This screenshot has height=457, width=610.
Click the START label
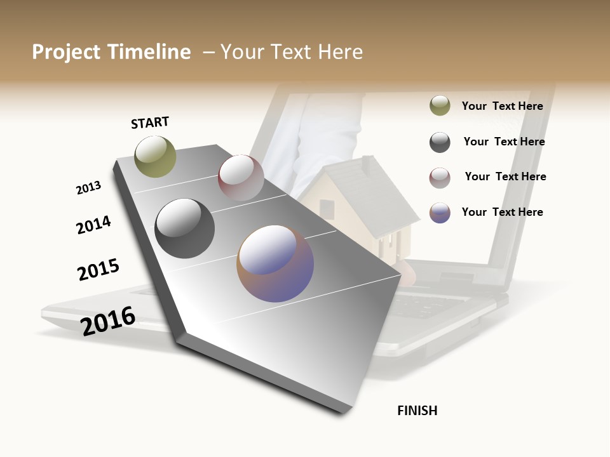(x=150, y=123)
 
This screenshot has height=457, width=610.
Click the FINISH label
(x=417, y=411)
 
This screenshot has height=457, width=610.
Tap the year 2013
(x=88, y=188)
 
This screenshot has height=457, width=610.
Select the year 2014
(x=93, y=225)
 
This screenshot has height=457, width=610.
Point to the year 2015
(x=98, y=270)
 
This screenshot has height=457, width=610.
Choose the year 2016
(x=108, y=321)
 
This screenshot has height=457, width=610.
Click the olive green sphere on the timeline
(x=155, y=156)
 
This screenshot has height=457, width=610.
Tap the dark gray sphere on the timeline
(x=184, y=228)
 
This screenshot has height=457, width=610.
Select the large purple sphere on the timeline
(x=274, y=263)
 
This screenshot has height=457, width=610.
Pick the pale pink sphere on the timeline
(x=241, y=178)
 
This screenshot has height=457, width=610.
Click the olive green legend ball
(x=440, y=105)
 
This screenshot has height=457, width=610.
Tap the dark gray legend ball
(x=440, y=142)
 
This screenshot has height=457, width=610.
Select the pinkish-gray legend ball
(x=440, y=178)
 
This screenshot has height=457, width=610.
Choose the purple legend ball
(x=440, y=213)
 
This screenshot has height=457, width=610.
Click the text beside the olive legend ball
(x=502, y=106)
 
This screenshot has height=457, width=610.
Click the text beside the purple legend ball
(x=502, y=212)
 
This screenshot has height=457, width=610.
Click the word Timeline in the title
(x=149, y=52)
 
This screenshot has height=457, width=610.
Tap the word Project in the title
(x=66, y=52)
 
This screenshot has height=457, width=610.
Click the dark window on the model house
(x=327, y=208)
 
